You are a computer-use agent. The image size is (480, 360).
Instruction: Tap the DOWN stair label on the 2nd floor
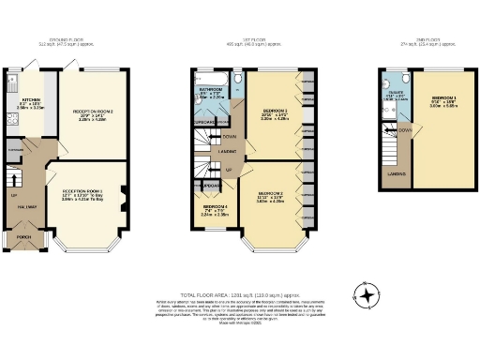(404, 130)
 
